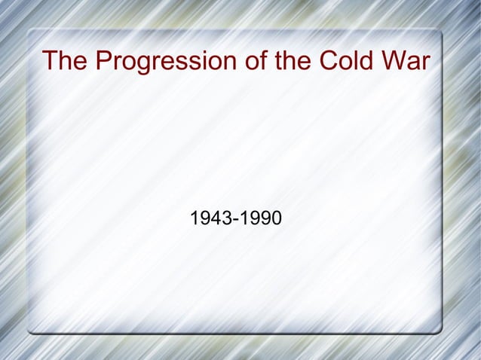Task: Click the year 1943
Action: coord(211,219)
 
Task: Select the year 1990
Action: coord(260,219)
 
